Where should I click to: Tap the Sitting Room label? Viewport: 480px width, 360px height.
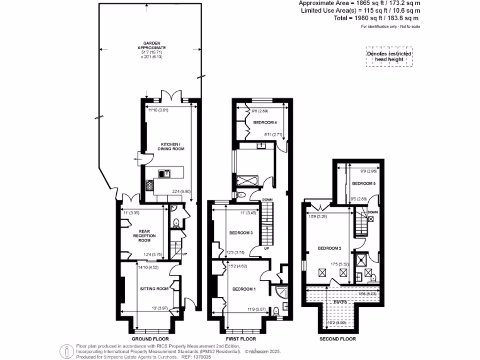(154, 289)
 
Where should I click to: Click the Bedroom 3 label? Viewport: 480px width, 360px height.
(241, 233)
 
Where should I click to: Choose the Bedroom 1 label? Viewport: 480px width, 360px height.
(244, 289)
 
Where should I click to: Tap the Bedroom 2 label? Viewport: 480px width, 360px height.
(330, 248)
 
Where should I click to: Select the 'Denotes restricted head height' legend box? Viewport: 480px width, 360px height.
(389, 57)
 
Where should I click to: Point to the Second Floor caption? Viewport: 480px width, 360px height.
(337, 339)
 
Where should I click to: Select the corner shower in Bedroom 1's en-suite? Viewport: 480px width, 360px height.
(282, 291)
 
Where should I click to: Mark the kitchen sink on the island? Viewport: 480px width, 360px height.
(165, 173)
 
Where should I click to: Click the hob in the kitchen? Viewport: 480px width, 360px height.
(149, 186)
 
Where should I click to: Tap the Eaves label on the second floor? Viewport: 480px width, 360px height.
(340, 302)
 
